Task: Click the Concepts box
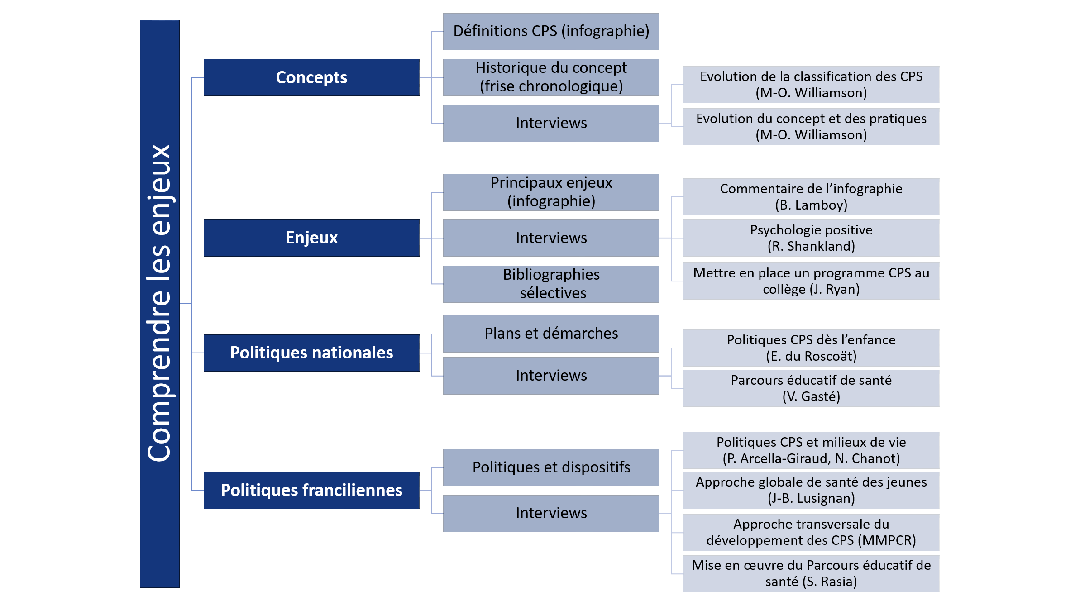click(311, 77)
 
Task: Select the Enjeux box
click(311, 238)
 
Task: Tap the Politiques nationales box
click(311, 353)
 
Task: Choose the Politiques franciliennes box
click(311, 491)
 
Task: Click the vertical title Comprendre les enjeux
click(159, 303)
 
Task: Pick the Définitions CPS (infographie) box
click(551, 32)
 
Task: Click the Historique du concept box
click(551, 77)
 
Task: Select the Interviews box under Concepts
click(551, 123)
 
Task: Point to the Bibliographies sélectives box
click(551, 284)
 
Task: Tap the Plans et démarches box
click(551, 334)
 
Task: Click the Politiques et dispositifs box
click(551, 467)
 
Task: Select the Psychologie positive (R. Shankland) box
click(811, 238)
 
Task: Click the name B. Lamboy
click(811, 205)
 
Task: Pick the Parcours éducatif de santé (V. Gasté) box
click(811, 388)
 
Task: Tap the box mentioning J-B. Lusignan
click(811, 491)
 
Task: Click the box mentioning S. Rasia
click(811, 574)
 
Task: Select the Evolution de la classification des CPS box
click(811, 85)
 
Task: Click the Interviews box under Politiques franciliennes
click(551, 513)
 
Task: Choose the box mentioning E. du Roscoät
click(811, 348)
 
